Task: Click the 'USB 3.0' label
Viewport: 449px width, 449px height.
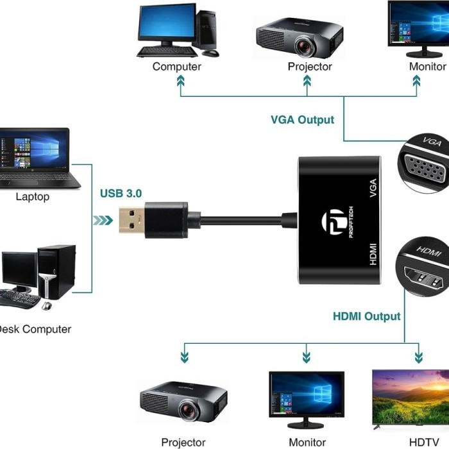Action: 121,193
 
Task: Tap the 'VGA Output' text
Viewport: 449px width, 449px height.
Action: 302,120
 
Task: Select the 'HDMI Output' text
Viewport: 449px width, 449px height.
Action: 366,316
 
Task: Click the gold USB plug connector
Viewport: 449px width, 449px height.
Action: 133,220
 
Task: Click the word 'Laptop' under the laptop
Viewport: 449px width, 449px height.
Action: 32,197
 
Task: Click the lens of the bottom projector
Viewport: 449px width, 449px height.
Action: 189,410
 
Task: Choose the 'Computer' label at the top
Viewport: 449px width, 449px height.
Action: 177,67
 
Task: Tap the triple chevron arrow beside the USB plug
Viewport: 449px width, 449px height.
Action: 102,220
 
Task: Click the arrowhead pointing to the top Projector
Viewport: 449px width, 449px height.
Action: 307,81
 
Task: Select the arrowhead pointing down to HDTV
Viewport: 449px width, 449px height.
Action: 419,357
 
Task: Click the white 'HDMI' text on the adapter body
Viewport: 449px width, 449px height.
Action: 373,255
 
